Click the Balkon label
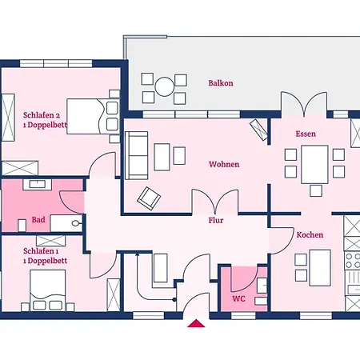pyautogui.click(x=221, y=83)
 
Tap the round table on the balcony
pyautogui.click(x=165, y=86)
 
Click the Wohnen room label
pyautogui.click(x=224, y=164)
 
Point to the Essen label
pyautogui.click(x=306, y=134)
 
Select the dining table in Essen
pyautogui.click(x=314, y=165)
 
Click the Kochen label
pyautogui.click(x=310, y=235)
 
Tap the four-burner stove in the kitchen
pyautogui.click(x=352, y=261)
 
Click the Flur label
pyautogui.click(x=216, y=220)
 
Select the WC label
pyautogui.click(x=238, y=298)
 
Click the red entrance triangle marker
pyautogui.click(x=196, y=323)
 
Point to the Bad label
pyautogui.click(x=38, y=220)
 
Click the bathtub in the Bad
pyautogui.click(x=66, y=223)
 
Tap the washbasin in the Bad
pyautogui.click(x=38, y=185)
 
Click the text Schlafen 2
pyautogui.click(x=42, y=115)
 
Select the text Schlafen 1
pyautogui.click(x=41, y=251)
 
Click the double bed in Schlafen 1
pyautogui.click(x=48, y=290)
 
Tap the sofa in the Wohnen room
pyautogui.click(x=137, y=155)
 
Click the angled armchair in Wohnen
pyautogui.click(x=149, y=198)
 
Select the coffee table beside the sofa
pyautogui.click(x=162, y=157)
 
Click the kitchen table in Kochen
pyautogui.click(x=320, y=268)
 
